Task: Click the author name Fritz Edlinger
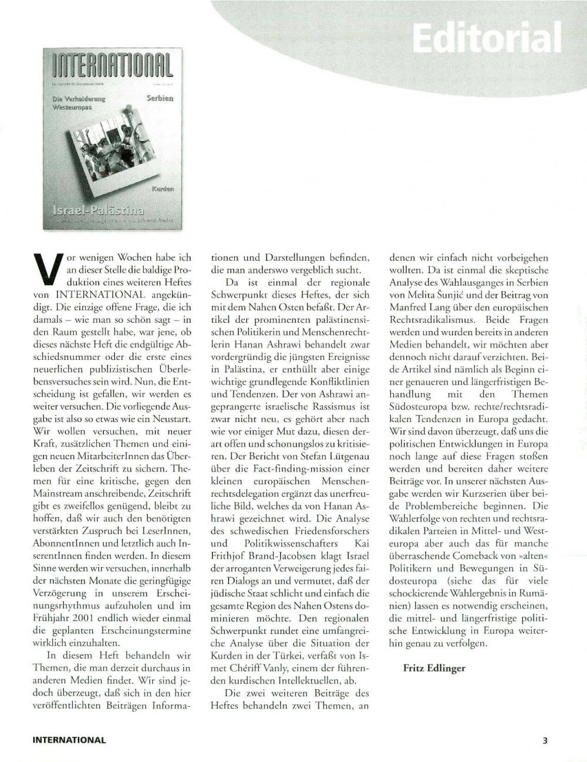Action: pos(434,668)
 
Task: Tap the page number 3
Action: pos(545,740)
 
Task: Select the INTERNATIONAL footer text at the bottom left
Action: pos(69,740)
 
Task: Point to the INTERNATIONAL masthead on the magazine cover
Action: pos(113,66)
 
